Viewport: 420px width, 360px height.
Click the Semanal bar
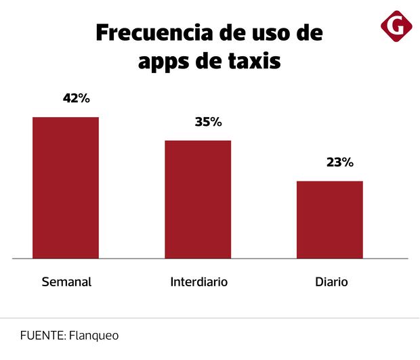(66, 187)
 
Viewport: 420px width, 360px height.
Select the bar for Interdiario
(198, 199)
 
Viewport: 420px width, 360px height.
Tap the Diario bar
(330, 219)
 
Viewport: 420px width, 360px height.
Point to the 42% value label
(76, 98)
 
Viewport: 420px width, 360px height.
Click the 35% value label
(208, 122)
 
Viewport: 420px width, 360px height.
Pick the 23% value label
(339, 162)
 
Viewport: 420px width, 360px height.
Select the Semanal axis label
(66, 282)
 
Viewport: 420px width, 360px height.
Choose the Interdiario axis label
(198, 282)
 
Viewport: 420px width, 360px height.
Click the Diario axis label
(331, 282)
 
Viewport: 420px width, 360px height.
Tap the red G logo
(396, 26)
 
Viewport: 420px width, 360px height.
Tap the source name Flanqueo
(89, 336)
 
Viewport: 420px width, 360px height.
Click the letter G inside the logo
(396, 26)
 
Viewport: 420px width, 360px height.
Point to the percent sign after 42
(83, 98)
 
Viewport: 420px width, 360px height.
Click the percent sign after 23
(347, 162)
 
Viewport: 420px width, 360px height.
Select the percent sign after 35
(215, 122)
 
